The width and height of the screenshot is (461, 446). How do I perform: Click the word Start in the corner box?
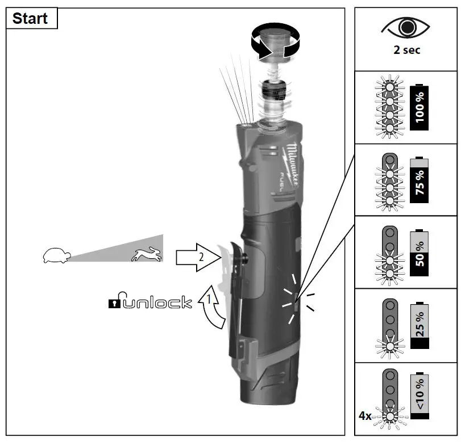pyautogui.click(x=30, y=18)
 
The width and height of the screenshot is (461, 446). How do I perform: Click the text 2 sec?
pyautogui.click(x=406, y=50)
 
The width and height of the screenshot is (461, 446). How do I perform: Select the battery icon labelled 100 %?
pyautogui.click(x=420, y=107)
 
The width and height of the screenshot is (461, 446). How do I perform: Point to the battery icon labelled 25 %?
pyautogui.click(x=420, y=325)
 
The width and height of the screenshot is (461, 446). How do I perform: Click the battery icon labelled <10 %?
pyautogui.click(x=420, y=396)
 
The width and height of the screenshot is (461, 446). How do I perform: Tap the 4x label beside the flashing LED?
pyautogui.click(x=365, y=416)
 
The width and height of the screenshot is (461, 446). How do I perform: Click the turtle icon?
pyautogui.click(x=56, y=255)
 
